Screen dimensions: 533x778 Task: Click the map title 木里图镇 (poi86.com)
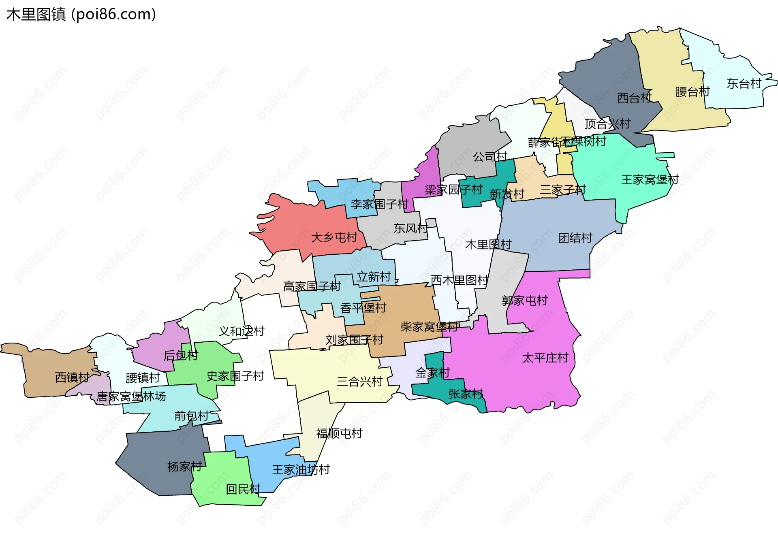81,15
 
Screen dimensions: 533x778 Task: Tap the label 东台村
744,84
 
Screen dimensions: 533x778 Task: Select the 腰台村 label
693,92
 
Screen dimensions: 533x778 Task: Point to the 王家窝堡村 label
650,180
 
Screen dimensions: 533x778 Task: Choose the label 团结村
575,238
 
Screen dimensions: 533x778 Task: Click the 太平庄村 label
545,358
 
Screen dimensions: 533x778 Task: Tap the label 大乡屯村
334,237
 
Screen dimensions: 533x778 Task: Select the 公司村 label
490,157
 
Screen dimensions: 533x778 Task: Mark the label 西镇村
72,378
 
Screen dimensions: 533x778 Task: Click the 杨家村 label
184,467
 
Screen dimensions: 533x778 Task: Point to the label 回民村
243,489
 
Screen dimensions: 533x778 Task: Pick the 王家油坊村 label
301,470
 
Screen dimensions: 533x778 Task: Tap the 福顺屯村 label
339,434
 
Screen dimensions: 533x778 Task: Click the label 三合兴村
359,382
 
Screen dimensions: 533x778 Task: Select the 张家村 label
466,394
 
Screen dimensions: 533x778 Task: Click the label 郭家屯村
524,301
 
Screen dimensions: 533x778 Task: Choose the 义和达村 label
242,331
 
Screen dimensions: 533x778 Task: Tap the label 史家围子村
235,376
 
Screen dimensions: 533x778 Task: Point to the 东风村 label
410,229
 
